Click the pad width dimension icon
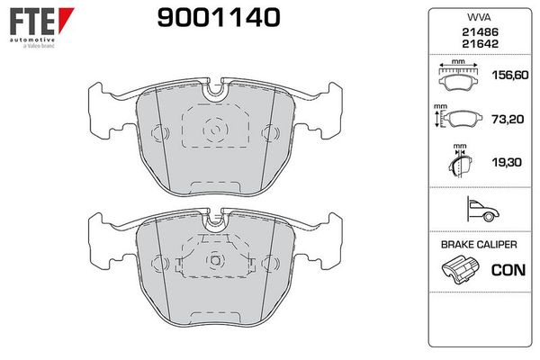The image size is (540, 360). click(x=458, y=77)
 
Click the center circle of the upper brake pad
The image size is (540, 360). click(x=215, y=131)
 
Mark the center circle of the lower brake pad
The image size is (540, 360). click(x=215, y=261)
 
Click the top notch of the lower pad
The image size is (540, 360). click(x=215, y=220)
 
